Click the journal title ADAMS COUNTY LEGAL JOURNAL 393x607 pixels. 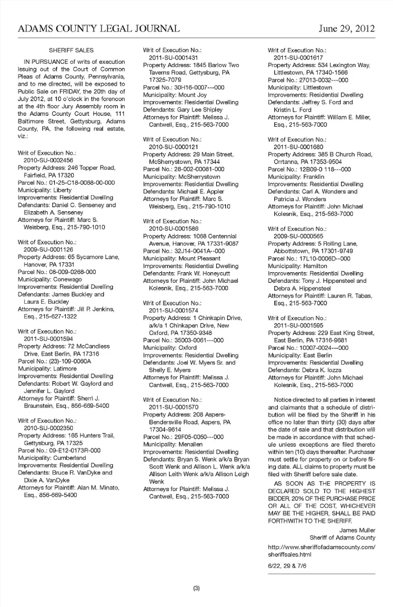pos(99,28)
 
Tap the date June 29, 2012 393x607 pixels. pos(347,28)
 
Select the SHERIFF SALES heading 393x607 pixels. pos(71,50)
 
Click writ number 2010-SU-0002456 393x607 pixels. pos(48,160)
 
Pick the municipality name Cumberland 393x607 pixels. pos(70,458)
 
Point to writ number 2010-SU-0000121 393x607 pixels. pos(174,147)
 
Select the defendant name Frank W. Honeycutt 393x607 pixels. pos(203,273)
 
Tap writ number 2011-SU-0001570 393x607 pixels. pos(174,407)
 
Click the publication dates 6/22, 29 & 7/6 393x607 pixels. pos(287,566)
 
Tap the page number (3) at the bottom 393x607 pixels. pos(196,589)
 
